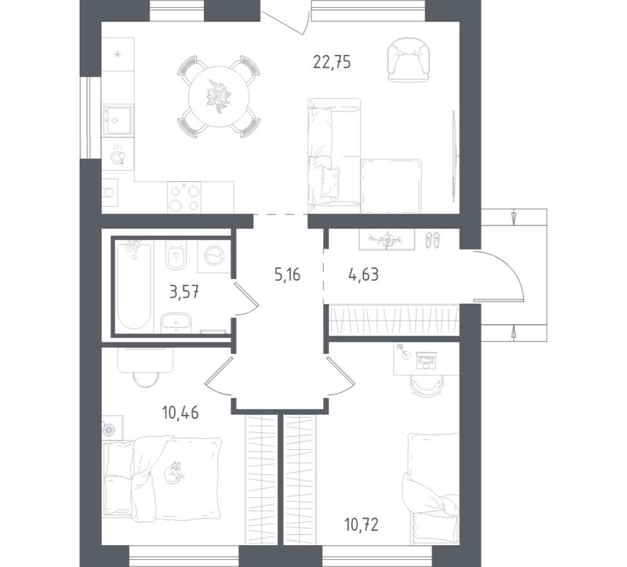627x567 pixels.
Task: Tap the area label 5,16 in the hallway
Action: click(x=287, y=275)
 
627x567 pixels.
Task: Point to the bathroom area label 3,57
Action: click(x=184, y=293)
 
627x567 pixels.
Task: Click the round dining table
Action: click(x=218, y=97)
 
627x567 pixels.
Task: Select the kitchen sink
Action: click(x=117, y=120)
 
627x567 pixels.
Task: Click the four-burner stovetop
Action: click(x=184, y=197)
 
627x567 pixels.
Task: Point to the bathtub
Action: click(x=133, y=285)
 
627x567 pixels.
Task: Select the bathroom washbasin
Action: click(x=175, y=322)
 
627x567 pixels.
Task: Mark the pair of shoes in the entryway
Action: click(x=431, y=240)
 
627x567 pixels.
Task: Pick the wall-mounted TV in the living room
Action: click(x=455, y=155)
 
